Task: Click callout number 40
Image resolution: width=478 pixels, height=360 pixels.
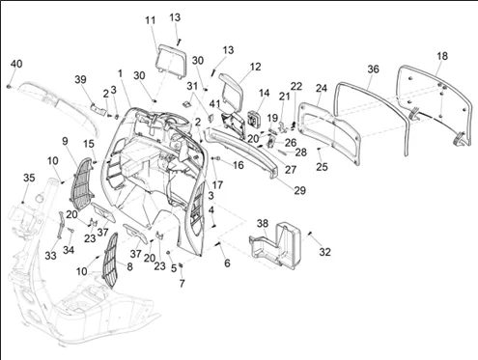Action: pyautogui.click(x=16, y=64)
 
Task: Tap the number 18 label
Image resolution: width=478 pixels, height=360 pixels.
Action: pyautogui.click(x=442, y=56)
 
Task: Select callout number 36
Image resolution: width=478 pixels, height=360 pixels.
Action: pyautogui.click(x=373, y=69)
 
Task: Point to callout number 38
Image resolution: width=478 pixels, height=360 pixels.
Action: pyautogui.click(x=263, y=223)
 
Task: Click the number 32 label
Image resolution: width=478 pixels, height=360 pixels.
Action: pyautogui.click(x=324, y=252)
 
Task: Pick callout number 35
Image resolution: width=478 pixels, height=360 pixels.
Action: pyautogui.click(x=29, y=178)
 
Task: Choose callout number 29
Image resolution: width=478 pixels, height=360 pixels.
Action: pyautogui.click(x=299, y=190)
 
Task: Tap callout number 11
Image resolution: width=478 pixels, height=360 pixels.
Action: pyautogui.click(x=151, y=20)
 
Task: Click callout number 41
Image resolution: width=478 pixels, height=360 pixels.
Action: pyautogui.click(x=214, y=104)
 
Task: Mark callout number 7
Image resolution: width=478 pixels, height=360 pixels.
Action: pyautogui.click(x=183, y=284)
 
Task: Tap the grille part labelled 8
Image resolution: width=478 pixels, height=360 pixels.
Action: pyautogui.click(x=110, y=261)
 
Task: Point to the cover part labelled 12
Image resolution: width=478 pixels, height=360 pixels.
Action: pyautogui.click(x=232, y=87)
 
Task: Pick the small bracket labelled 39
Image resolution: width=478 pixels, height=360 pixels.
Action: pyautogui.click(x=98, y=108)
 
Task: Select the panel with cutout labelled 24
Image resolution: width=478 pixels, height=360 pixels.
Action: pyautogui.click(x=330, y=133)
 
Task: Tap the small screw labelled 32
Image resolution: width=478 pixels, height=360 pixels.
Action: pyautogui.click(x=311, y=234)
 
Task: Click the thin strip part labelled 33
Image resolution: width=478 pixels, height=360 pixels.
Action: pyautogui.click(x=60, y=225)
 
